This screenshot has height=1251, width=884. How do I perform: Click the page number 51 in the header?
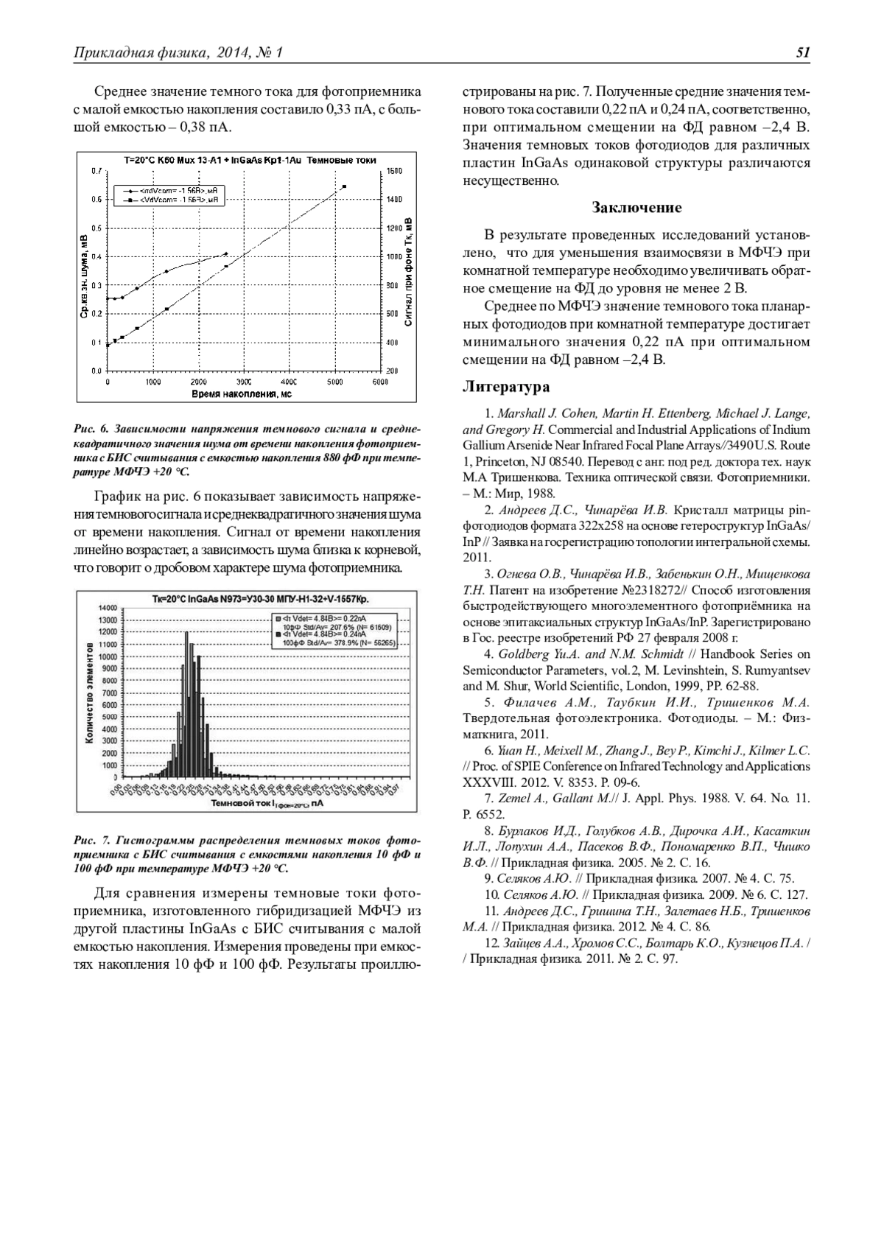click(x=802, y=52)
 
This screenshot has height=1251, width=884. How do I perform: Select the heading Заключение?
click(x=636, y=208)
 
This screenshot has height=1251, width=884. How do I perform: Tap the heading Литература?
click(x=505, y=387)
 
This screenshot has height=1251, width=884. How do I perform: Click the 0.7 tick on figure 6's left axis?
click(x=96, y=171)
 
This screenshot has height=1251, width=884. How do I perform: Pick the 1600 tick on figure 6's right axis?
click(x=393, y=171)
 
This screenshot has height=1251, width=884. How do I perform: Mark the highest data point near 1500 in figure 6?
click(x=344, y=186)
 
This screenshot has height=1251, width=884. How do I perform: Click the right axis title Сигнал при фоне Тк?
click(x=407, y=273)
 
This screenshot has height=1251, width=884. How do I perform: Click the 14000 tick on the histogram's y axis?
click(x=107, y=607)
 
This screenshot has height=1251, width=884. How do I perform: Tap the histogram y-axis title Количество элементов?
click(x=89, y=693)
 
